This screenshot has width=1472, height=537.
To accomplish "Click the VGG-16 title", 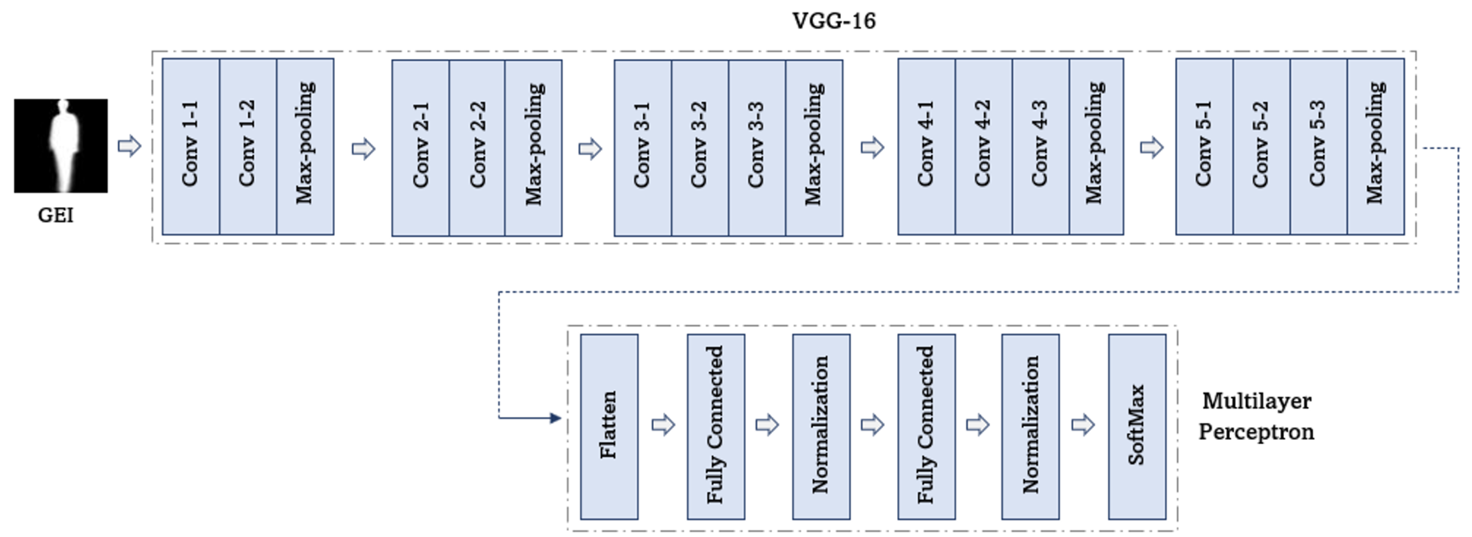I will (833, 21).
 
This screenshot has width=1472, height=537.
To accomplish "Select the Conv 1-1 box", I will (191, 146).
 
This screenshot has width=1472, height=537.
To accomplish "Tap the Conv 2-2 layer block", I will (477, 147).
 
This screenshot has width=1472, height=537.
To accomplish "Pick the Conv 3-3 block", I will (756, 147).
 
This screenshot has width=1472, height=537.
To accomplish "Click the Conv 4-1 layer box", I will (926, 146).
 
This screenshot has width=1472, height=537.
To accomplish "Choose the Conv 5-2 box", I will (1261, 146).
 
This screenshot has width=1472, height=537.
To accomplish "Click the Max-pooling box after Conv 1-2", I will (305, 146).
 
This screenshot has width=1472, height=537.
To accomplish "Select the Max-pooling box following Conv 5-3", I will (1375, 146).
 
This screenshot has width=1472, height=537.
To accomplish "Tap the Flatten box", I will (609, 426).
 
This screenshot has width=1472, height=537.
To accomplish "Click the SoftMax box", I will (1136, 426).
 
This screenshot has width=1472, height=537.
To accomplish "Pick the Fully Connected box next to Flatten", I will (716, 426).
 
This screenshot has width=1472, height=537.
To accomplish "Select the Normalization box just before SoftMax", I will (1030, 426).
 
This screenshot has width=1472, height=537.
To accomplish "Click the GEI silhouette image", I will (61, 145).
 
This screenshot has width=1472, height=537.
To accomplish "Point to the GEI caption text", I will (55, 215).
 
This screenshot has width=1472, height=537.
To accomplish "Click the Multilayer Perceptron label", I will (1256, 416).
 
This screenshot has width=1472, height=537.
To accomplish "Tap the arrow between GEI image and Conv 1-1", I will (129, 146).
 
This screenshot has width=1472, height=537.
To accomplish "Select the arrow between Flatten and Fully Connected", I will (663, 425).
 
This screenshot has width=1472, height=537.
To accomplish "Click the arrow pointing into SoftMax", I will (1082, 425).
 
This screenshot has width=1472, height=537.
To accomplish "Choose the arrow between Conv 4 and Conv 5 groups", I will (1151, 148).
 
